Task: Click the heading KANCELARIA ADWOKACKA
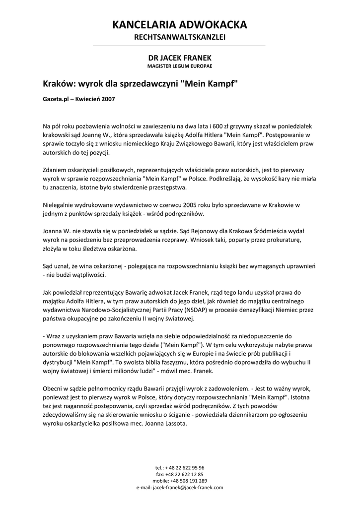click(180, 25)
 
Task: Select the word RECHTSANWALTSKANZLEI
click(180, 37)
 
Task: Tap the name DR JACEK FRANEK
click(180, 58)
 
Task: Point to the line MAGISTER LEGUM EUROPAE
click(180, 65)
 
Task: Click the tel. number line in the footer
click(180, 468)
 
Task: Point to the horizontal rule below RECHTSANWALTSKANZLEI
click(180, 46)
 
